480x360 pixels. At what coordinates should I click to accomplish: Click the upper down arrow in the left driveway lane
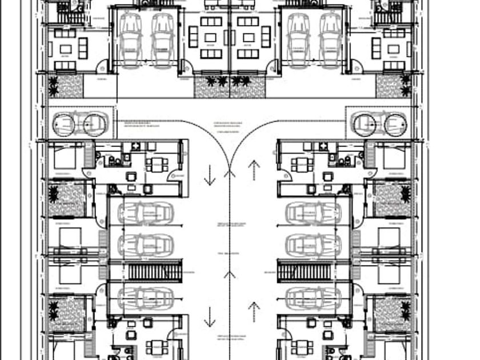[210, 175]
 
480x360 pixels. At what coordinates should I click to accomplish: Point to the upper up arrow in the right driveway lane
[254, 170]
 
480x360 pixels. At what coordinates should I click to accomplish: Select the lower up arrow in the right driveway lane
[254, 311]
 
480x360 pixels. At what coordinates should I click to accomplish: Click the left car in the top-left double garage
[130, 40]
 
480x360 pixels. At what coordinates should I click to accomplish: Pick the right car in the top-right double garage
[330, 40]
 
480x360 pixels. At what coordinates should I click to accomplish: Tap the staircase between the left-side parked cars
[153, 270]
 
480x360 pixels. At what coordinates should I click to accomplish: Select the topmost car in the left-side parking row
[145, 213]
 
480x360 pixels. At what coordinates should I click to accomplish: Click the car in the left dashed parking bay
[80, 123]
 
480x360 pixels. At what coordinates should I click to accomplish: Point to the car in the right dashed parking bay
[380, 123]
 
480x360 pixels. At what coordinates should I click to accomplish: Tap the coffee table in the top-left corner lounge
[66, 49]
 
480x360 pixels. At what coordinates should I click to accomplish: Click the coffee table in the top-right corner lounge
[394, 49]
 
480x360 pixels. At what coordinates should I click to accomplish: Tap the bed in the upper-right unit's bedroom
[395, 158]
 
